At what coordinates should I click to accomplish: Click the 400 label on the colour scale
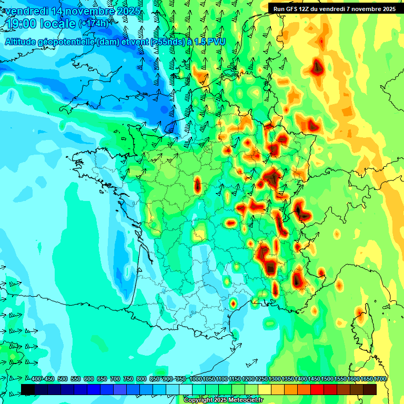click(36, 379)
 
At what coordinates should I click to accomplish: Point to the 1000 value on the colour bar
click(196, 379)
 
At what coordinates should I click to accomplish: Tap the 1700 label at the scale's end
click(380, 379)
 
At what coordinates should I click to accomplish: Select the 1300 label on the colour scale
click(275, 379)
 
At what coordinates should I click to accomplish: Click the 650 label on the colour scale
click(102, 379)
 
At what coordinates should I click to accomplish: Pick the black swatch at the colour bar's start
click(28, 389)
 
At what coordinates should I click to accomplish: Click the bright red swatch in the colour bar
click(318, 389)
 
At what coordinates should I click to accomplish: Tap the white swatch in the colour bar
click(186, 389)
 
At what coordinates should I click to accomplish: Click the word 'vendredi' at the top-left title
click(26, 11)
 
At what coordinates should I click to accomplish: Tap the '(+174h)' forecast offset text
click(93, 24)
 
